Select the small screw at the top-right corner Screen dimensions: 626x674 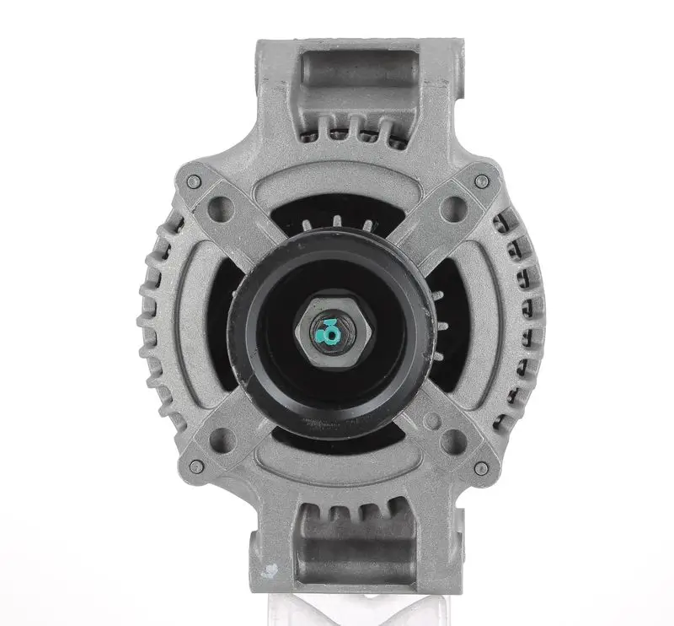pos(481,181)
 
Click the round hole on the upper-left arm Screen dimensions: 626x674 pos(225,205)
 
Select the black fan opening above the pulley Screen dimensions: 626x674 pos(337,211)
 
